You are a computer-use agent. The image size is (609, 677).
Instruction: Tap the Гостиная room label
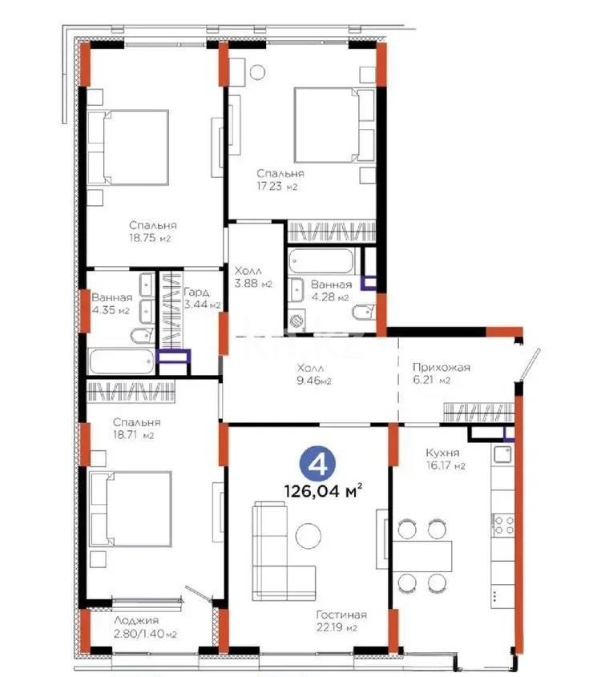tap(341, 615)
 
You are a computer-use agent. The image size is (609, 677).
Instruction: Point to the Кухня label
tap(442, 451)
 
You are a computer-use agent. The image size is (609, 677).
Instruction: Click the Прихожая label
tap(435, 368)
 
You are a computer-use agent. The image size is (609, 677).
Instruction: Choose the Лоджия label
tap(135, 620)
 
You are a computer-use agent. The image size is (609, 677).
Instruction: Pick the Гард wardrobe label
tap(196, 292)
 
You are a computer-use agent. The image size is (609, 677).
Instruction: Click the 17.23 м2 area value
tap(277, 187)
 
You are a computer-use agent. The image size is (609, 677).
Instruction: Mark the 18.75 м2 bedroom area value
tap(151, 239)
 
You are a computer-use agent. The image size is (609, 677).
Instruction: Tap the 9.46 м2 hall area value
tap(311, 381)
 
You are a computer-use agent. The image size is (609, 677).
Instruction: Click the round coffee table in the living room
tap(309, 536)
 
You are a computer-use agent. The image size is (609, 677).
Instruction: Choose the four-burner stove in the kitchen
tap(502, 525)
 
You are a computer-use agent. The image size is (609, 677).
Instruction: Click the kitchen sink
tap(502, 455)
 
